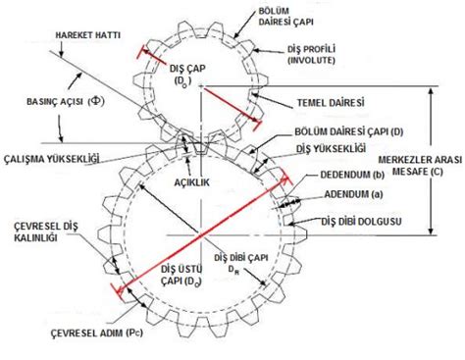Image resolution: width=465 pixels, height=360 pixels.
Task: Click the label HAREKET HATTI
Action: tap(87, 35)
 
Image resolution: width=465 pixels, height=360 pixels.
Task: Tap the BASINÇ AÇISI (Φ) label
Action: tap(66, 101)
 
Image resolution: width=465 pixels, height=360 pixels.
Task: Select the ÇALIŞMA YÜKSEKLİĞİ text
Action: tap(51, 159)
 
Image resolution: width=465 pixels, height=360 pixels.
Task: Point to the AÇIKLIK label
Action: tap(191, 182)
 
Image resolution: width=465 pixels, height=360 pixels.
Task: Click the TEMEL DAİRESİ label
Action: tap(331, 103)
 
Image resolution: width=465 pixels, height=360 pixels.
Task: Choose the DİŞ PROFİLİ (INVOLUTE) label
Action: tap(311, 55)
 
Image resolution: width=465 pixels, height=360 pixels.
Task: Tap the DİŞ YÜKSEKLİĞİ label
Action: tap(331, 148)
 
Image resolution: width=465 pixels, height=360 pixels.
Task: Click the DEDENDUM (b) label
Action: tap(352, 175)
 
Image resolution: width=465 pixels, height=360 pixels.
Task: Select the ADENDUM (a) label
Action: tap(353, 194)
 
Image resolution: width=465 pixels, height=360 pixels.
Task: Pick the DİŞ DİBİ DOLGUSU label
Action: tap(361, 222)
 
